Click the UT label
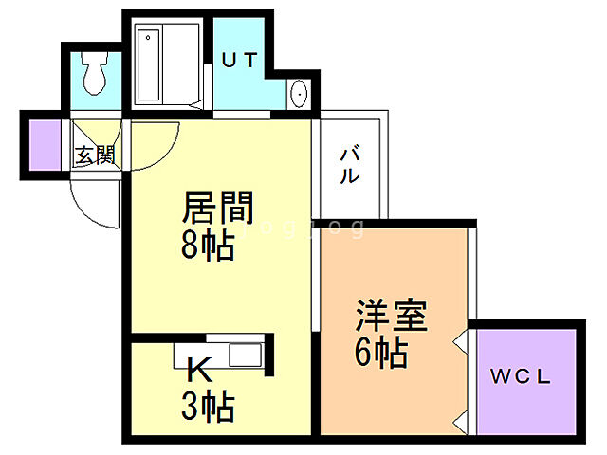pos(240,60)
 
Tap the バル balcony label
pos(349,163)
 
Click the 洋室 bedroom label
pos(392,315)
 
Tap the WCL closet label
pos(521,376)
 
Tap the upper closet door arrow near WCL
pos(462,337)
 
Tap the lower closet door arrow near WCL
pos(462,417)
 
